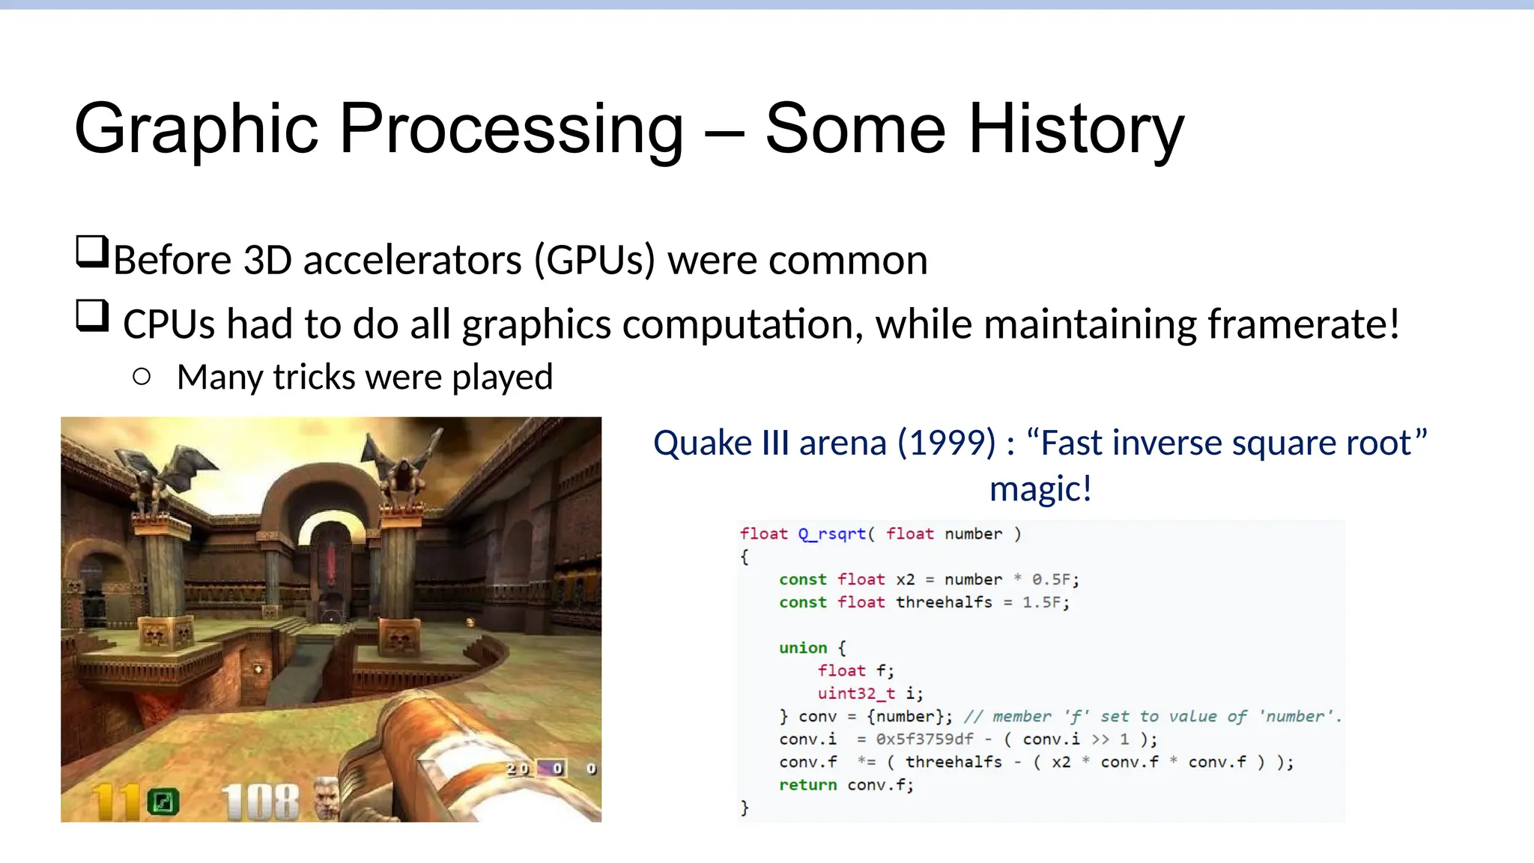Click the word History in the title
1076,129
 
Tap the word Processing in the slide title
511,129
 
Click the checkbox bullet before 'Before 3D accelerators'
92,252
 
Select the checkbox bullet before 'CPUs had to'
92,315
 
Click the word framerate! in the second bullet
1303,324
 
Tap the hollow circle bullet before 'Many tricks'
142,377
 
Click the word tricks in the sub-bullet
314,377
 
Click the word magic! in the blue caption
1040,488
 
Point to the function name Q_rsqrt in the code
831,534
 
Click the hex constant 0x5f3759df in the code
924,739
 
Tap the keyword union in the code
802,648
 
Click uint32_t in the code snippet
855,694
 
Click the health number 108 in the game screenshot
260,802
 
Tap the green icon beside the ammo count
163,802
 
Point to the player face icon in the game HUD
326,799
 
